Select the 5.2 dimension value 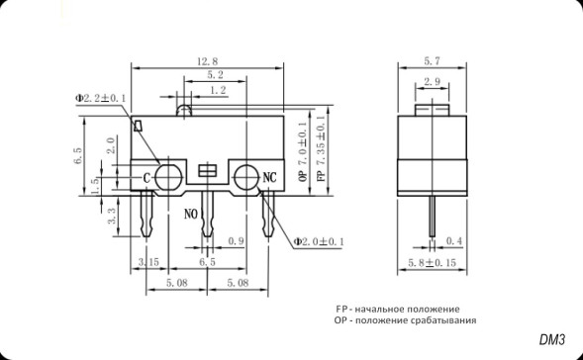coord(214,75)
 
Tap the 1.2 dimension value coord(216,90)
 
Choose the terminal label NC coord(268,178)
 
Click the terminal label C coord(147,178)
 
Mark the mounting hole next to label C coord(168,177)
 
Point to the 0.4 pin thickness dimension coord(454,241)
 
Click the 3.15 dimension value coord(149,262)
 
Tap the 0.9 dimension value coord(237,241)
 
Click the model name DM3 coord(552,340)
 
